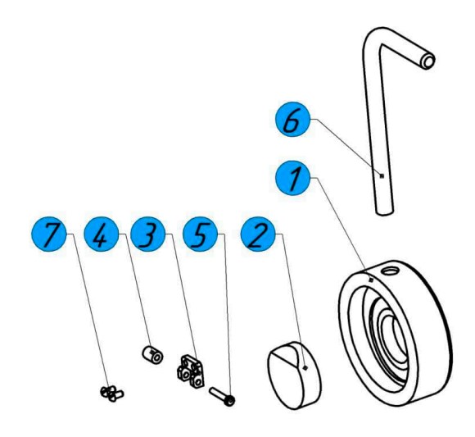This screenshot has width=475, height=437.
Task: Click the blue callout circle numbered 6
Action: (292, 119)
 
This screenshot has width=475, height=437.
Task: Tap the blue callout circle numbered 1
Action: (292, 178)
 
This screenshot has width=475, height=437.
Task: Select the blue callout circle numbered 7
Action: (49, 234)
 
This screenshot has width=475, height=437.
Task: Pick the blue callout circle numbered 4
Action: (102, 234)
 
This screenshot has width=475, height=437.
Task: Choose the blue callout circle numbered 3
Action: (148, 234)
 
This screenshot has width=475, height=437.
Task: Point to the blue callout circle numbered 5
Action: (201, 234)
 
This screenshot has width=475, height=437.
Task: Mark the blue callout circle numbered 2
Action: (258, 234)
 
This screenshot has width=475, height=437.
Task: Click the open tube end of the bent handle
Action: (428, 61)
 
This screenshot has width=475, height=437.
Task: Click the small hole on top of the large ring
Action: (389, 271)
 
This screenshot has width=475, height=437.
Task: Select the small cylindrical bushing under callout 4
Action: (152, 355)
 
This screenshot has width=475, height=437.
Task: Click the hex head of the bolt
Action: (231, 402)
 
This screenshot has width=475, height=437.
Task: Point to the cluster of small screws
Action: (111, 394)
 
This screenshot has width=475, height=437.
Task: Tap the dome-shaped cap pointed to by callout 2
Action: (294, 376)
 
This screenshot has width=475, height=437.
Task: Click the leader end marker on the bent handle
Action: (382, 175)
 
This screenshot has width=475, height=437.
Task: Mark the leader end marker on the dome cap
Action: (305, 368)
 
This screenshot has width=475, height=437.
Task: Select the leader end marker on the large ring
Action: (370, 280)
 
